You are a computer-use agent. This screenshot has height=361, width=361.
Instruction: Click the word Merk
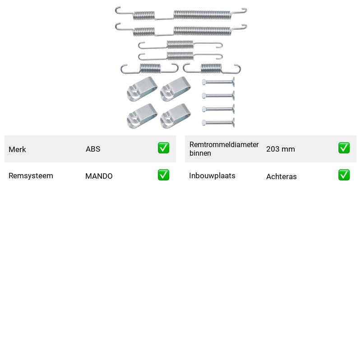tap(17, 149)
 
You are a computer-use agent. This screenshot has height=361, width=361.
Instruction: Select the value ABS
tap(93, 149)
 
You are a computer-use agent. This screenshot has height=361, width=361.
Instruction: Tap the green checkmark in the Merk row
tap(163, 148)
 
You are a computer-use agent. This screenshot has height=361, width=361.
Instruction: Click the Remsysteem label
tap(31, 176)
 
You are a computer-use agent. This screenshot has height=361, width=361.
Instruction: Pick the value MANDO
tap(99, 176)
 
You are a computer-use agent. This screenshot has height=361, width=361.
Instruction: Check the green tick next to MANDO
tap(163, 175)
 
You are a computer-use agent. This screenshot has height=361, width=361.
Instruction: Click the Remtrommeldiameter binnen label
tap(224, 149)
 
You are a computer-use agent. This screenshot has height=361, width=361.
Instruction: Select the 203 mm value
tap(281, 149)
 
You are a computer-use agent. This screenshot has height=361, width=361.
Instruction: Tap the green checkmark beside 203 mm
tap(344, 148)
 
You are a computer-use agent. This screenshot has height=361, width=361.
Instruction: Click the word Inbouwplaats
tap(212, 176)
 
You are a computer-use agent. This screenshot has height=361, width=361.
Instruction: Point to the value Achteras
tap(282, 176)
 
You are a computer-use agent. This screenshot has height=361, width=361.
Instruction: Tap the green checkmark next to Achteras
tap(344, 175)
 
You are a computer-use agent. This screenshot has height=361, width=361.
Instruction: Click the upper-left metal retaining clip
tap(142, 89)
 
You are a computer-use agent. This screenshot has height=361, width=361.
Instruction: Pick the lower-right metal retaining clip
tap(176, 116)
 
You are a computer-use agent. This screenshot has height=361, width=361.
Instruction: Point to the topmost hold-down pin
tap(218, 82)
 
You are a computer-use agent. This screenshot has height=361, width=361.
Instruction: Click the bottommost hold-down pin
tap(218, 122)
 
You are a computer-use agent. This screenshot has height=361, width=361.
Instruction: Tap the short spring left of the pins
tap(150, 69)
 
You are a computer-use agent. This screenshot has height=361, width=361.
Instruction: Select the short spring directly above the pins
tap(212, 69)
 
